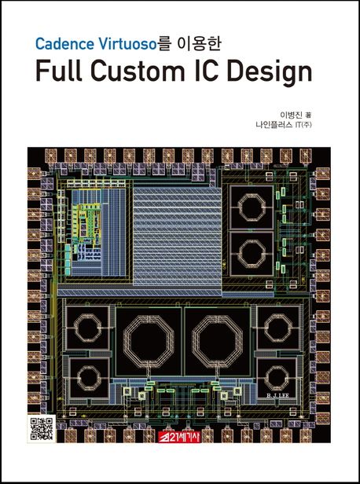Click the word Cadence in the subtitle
point(64,44)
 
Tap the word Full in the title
point(59,71)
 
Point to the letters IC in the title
point(206,71)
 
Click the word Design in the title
point(270,74)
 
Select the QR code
point(42,428)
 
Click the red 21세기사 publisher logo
point(180,436)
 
